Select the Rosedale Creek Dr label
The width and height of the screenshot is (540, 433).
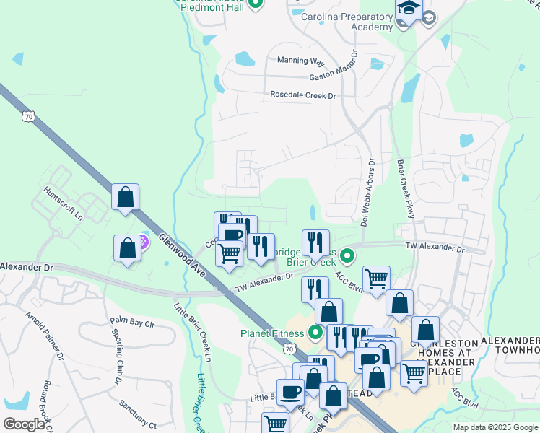pos(303,95)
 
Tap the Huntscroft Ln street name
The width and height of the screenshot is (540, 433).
pos(64,203)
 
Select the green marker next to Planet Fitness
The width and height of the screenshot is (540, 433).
pos(315,333)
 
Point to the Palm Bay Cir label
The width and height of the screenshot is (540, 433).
pos(132,322)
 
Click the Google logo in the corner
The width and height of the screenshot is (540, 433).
pos(25,424)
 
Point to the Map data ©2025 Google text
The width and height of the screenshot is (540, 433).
pos(495,427)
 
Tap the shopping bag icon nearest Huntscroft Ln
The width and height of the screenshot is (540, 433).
pos(125,196)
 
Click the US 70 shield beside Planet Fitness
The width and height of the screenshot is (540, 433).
pos(289,349)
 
